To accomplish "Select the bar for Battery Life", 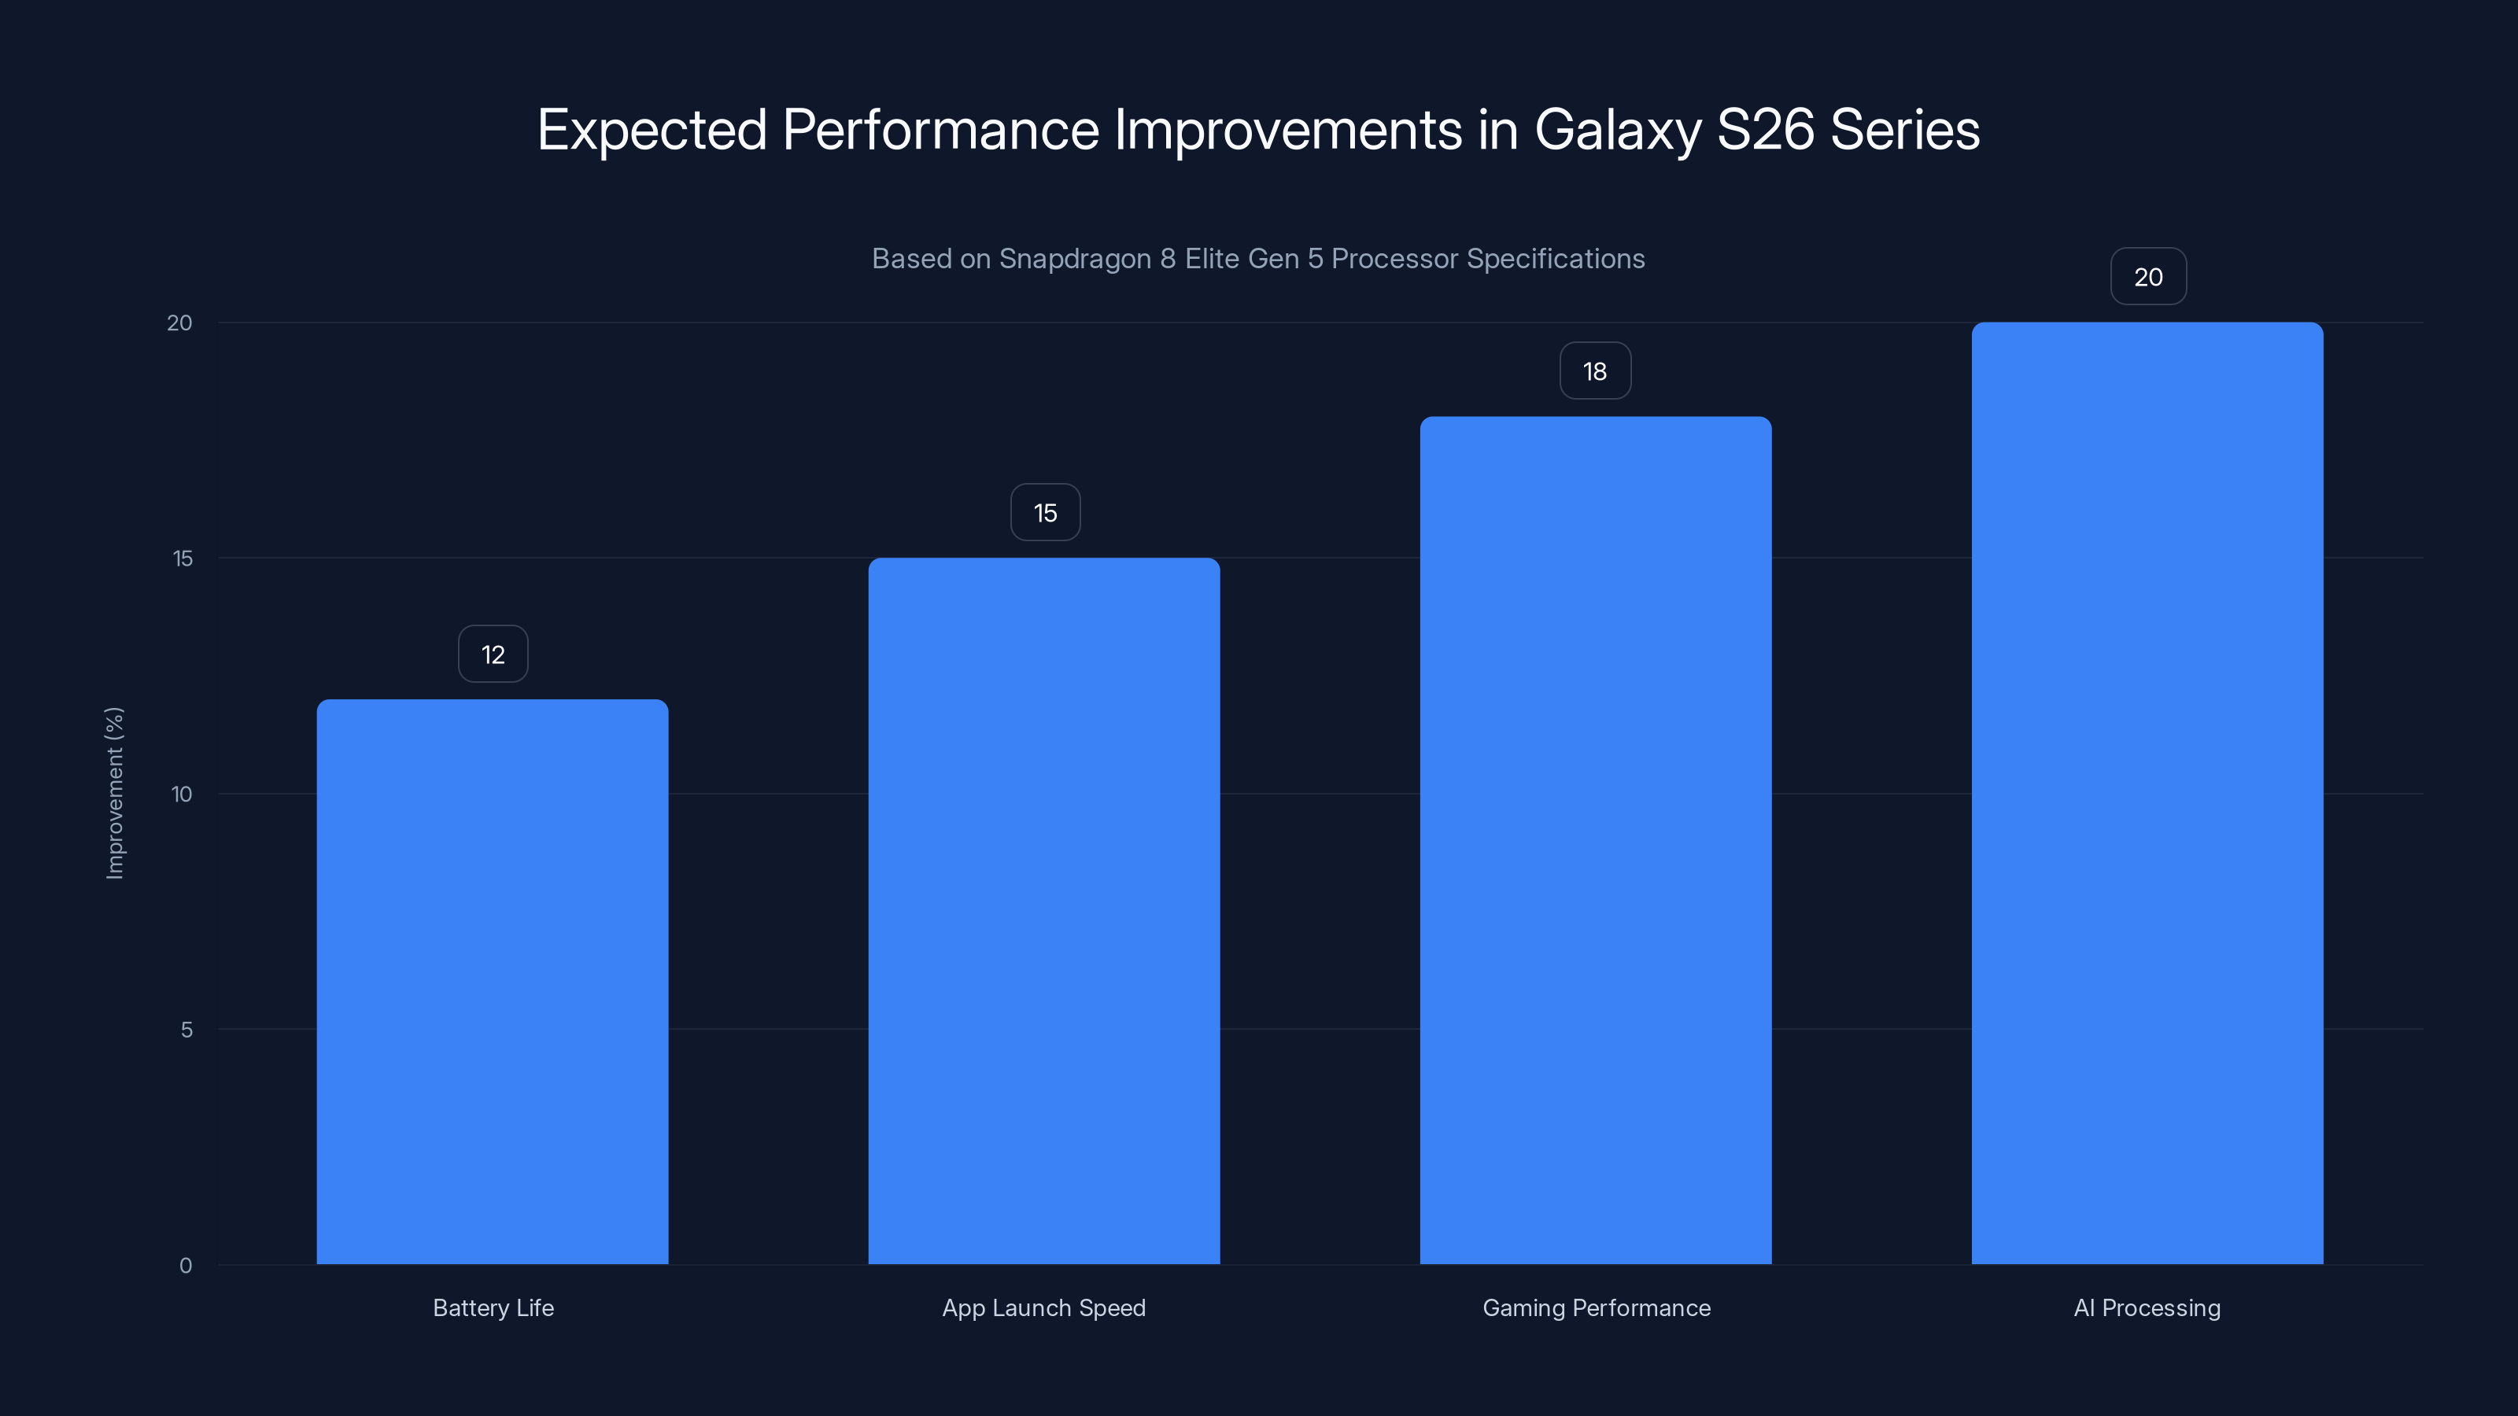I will pos(493,981).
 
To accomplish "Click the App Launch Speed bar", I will pos(1044,911).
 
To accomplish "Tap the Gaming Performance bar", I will pos(1595,840).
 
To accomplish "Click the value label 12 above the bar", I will pos(493,654).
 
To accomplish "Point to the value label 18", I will pos(1594,371).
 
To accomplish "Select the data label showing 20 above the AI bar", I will pos(2147,277).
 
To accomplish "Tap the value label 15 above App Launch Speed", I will pos(1045,512).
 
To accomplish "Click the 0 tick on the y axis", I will pos(186,1266).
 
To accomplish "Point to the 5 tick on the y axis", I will pos(186,1029).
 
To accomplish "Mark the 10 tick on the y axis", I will pos(182,794).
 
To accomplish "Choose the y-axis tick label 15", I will pos(182,558).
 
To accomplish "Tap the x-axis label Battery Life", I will pos(493,1307).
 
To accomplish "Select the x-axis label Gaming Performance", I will pos(1597,1307).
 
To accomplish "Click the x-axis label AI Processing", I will pos(2147,1307).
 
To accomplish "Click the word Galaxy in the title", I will pos(1618,130).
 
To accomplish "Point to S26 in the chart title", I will pos(1765,130).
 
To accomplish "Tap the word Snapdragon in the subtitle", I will pos(1074,258).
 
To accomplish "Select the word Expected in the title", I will pos(652,130).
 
